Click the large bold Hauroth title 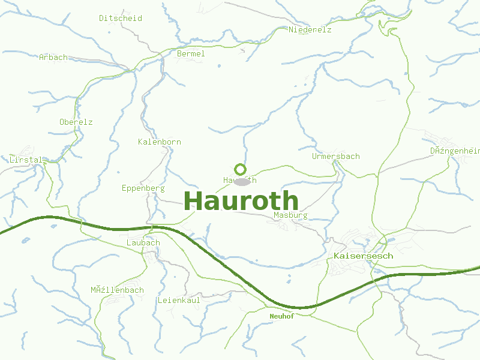tap(241, 201)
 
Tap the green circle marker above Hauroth tap(240, 169)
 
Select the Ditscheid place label tap(121, 18)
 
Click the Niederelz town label tap(310, 29)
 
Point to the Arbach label tap(53, 58)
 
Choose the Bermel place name tap(191, 53)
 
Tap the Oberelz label tap(76, 122)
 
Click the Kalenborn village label tap(160, 142)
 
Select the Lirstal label tap(26, 160)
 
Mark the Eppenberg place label tap(143, 188)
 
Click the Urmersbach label tap(336, 156)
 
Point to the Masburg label tap(290, 215)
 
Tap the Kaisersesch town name tap(363, 256)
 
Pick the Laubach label tap(143, 242)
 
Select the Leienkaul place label tap(179, 299)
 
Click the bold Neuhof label tap(282, 316)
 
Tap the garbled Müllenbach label tap(118, 290)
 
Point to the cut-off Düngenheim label tap(455, 151)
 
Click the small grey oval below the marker tap(242, 181)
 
